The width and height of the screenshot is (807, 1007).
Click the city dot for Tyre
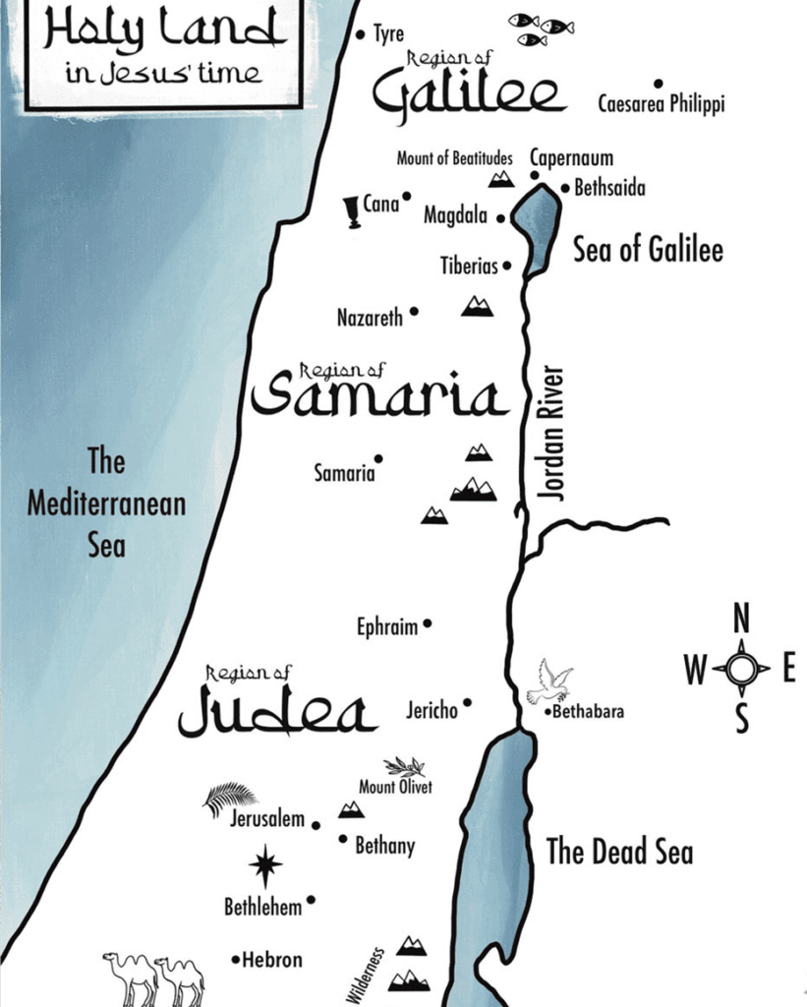click(360, 33)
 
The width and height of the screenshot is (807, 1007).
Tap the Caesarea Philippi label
click(661, 104)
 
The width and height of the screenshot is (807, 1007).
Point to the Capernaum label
click(571, 157)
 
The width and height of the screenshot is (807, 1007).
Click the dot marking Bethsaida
click(565, 188)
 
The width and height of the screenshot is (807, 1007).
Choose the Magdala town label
click(455, 215)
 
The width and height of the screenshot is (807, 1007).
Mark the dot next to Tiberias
click(507, 266)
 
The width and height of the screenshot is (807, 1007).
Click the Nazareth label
click(370, 318)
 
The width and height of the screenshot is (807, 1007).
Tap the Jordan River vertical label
click(554, 434)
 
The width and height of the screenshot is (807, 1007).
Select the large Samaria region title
click(379, 397)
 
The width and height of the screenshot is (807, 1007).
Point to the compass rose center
click(742, 670)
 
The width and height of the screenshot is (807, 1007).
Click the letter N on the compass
click(742, 621)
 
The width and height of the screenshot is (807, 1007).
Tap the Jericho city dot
click(467, 703)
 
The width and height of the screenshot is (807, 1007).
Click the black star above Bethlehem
click(264, 865)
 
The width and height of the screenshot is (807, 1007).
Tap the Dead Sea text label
click(619, 852)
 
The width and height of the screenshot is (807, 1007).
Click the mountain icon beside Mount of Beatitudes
click(501, 178)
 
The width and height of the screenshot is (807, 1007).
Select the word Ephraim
click(387, 627)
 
